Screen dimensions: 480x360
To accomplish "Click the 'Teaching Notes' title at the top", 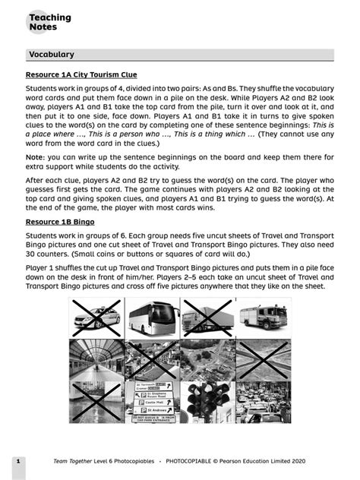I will (x=49, y=22).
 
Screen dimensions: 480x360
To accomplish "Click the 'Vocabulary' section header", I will (x=51, y=55).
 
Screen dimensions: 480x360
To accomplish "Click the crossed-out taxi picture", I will (x=96, y=317).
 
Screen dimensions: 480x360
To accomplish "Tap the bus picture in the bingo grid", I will (x=153, y=317).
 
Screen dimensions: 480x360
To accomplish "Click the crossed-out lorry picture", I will (x=208, y=317).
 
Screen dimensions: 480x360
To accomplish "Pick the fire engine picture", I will (x=263, y=317).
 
